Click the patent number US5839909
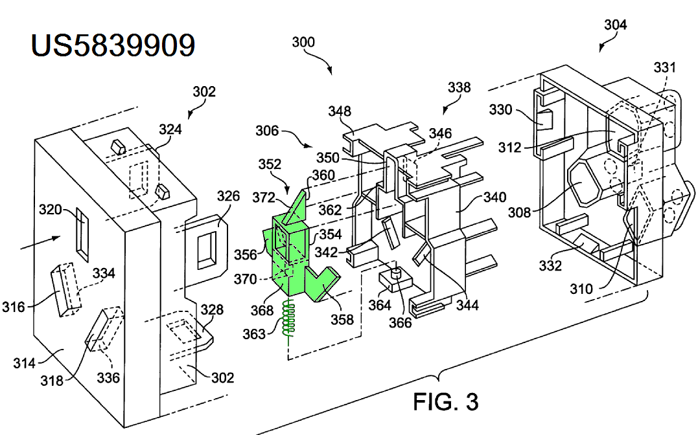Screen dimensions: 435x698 (113, 45)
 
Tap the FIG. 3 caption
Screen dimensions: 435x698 (445, 401)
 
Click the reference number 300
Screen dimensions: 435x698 (303, 43)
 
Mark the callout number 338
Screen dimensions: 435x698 (459, 87)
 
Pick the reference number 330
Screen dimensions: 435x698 (500, 110)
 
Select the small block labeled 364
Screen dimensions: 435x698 (389, 280)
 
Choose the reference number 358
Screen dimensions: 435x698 (343, 319)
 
